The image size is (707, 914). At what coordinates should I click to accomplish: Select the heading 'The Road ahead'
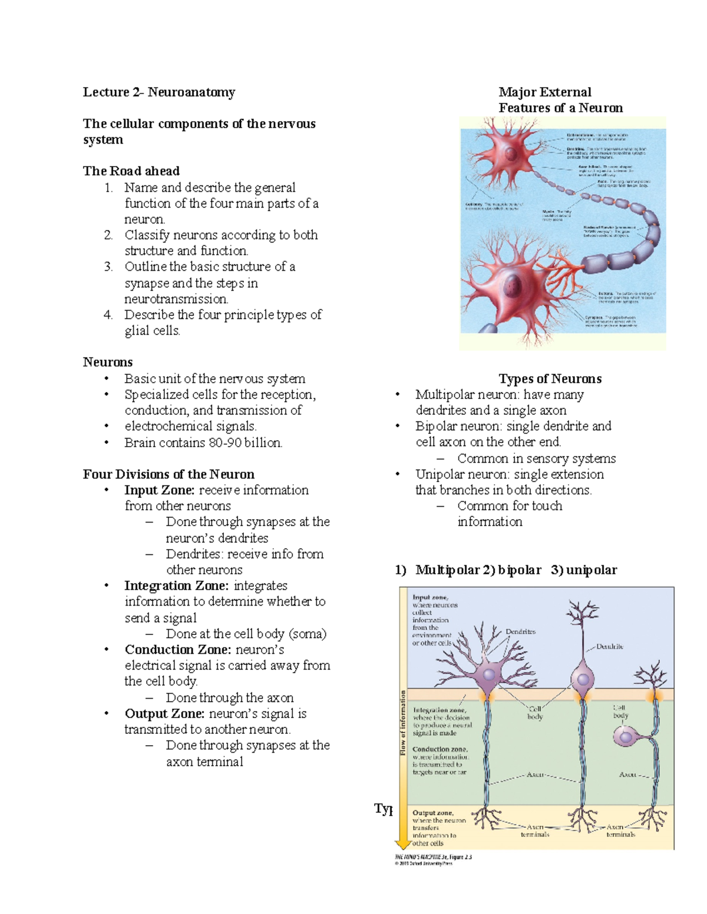131,171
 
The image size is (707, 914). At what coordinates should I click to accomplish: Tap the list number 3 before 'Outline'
108,267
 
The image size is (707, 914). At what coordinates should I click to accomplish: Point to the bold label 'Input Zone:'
160,490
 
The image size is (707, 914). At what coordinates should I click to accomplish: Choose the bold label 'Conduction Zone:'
178,650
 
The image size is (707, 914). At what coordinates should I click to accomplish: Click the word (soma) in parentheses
307,634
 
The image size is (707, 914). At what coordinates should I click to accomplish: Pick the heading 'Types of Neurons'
550,378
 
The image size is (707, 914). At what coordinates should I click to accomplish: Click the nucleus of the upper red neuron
511,155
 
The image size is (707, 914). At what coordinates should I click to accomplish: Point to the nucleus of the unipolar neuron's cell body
623,736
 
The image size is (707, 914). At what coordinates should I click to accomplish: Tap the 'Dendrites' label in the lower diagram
520,632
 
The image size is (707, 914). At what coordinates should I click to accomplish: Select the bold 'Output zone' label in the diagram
432,813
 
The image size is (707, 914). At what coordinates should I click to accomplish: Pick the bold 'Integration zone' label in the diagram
439,710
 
